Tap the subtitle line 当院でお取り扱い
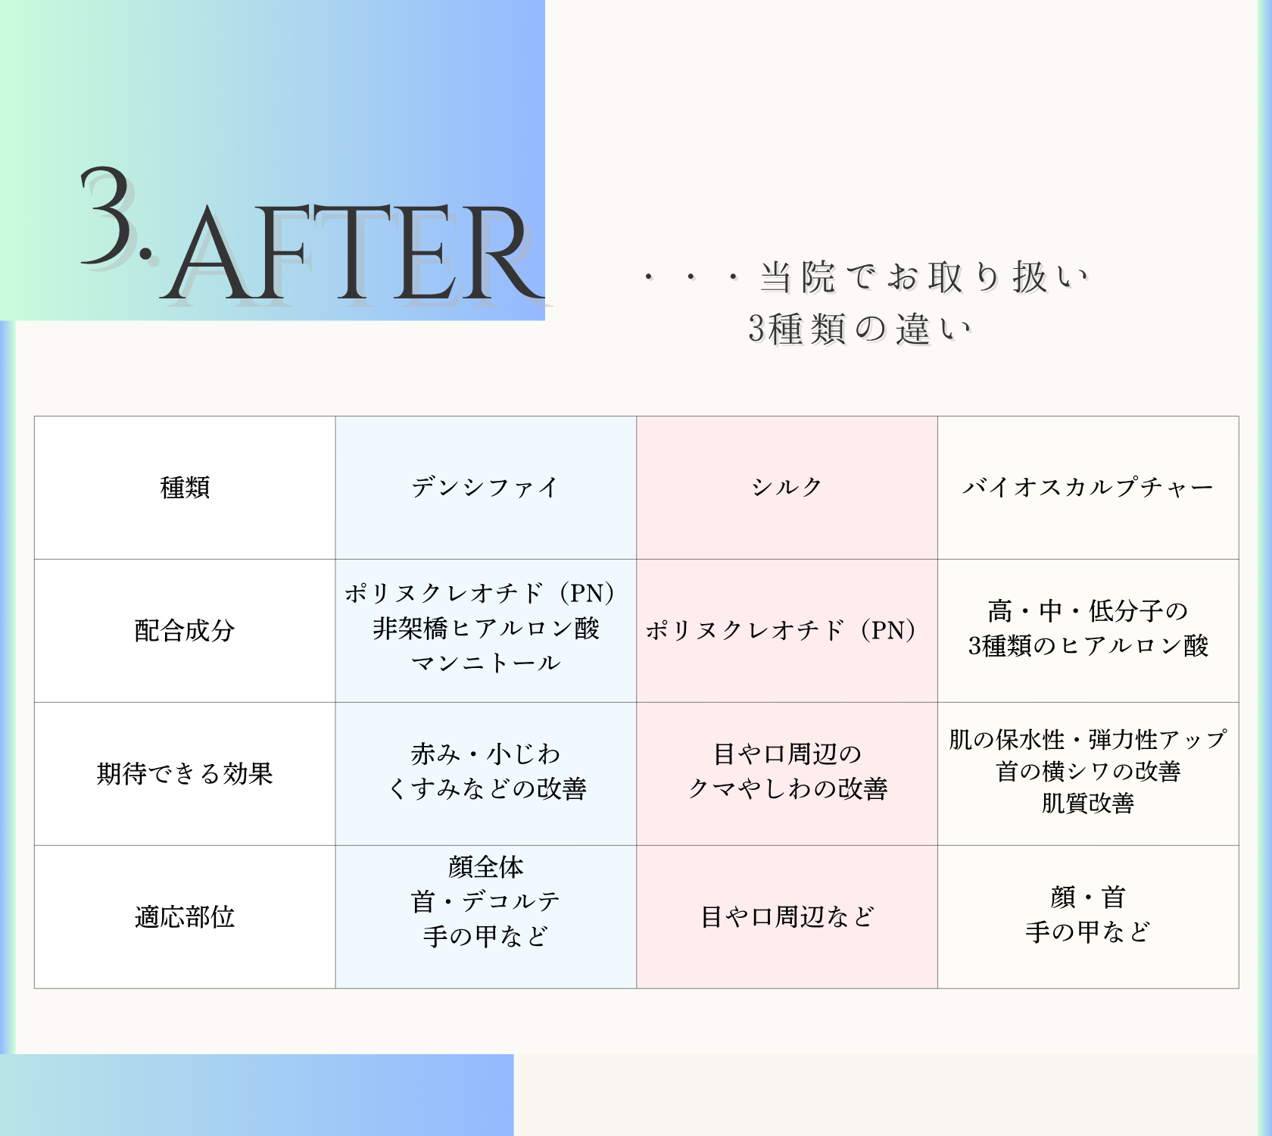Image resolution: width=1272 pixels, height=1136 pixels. click(924, 277)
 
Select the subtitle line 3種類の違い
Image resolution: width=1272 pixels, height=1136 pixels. click(860, 329)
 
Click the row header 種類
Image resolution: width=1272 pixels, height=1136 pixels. click(185, 488)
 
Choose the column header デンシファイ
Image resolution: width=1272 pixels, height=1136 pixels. click(485, 488)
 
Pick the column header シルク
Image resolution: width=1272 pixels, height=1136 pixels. click(787, 488)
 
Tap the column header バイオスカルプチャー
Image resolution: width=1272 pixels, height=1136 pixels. click(1088, 488)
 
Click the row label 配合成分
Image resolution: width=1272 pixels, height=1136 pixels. click(185, 631)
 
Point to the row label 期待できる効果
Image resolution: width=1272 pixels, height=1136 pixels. click(185, 774)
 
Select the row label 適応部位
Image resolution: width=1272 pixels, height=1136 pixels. click(185, 917)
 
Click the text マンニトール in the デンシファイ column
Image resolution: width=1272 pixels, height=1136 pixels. click(485, 664)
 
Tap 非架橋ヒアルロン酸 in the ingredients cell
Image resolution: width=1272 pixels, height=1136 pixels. click(485, 629)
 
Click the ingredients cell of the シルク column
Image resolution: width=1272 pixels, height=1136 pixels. click(781, 631)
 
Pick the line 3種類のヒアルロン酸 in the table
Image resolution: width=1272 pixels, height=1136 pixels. click(1088, 646)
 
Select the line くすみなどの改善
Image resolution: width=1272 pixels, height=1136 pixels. click(487, 789)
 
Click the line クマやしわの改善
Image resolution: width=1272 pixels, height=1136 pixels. click(787, 789)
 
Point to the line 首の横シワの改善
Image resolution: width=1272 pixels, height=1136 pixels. click(1088, 772)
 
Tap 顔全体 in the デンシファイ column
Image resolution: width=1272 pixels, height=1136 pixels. click(485, 867)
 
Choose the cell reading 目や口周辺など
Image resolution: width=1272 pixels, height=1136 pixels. click(787, 917)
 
